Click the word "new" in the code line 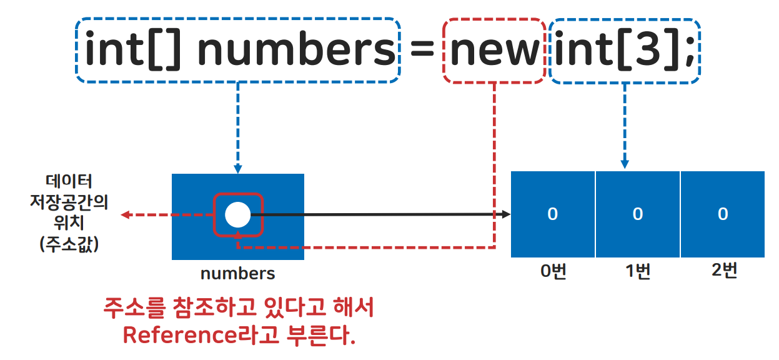[x=494, y=51]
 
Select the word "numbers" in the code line [x=296, y=51]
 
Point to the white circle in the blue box [x=237, y=215]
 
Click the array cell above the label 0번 [x=552, y=214]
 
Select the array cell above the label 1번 [x=637, y=214]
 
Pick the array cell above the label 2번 [x=722, y=214]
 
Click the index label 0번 [x=553, y=272]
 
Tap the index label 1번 [x=637, y=272]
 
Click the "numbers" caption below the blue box [x=237, y=274]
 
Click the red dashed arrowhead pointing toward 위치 [x=125, y=215]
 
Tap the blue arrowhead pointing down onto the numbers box [x=237, y=169]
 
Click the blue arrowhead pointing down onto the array [x=625, y=164]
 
